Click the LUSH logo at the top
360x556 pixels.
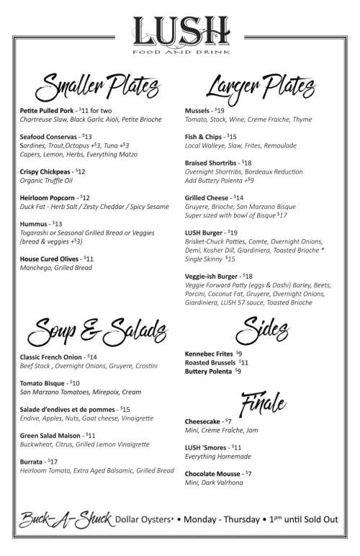180,30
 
